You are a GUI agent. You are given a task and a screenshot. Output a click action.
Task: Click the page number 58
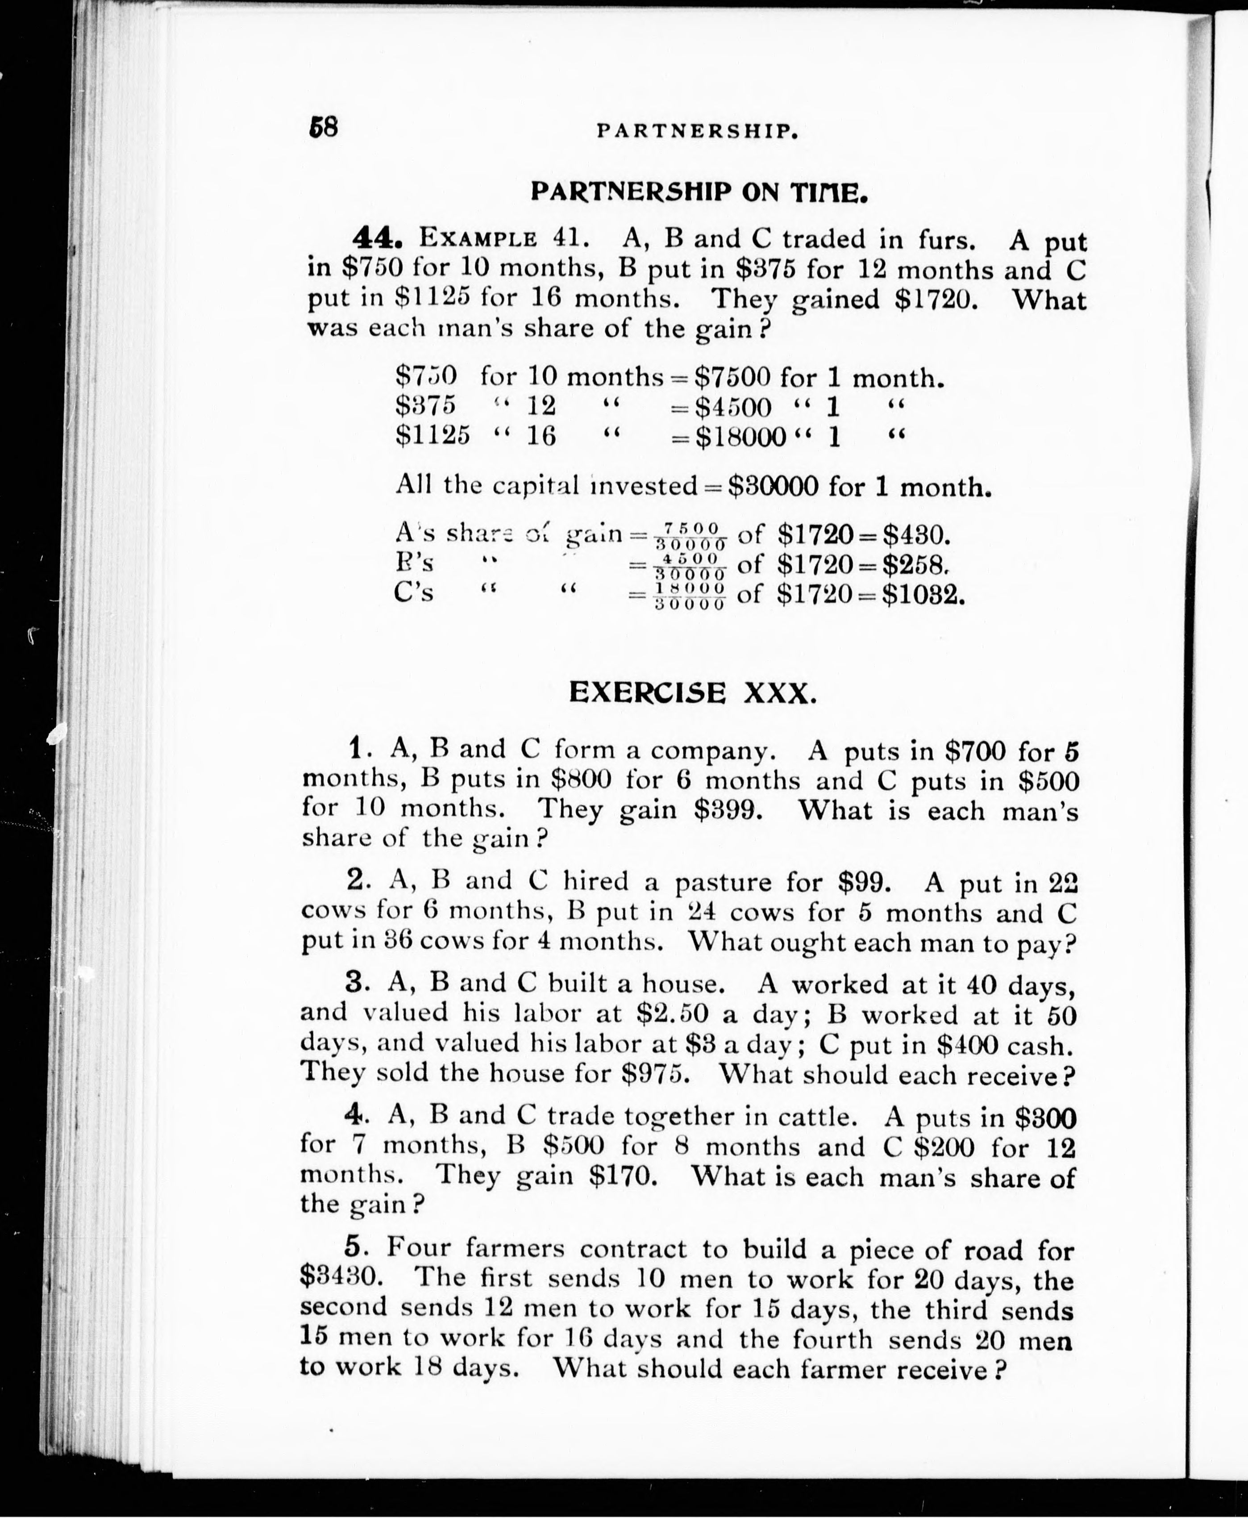323,128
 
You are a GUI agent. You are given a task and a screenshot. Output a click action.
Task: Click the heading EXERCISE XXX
692,692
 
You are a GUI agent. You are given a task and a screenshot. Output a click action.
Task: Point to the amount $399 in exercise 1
728,810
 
